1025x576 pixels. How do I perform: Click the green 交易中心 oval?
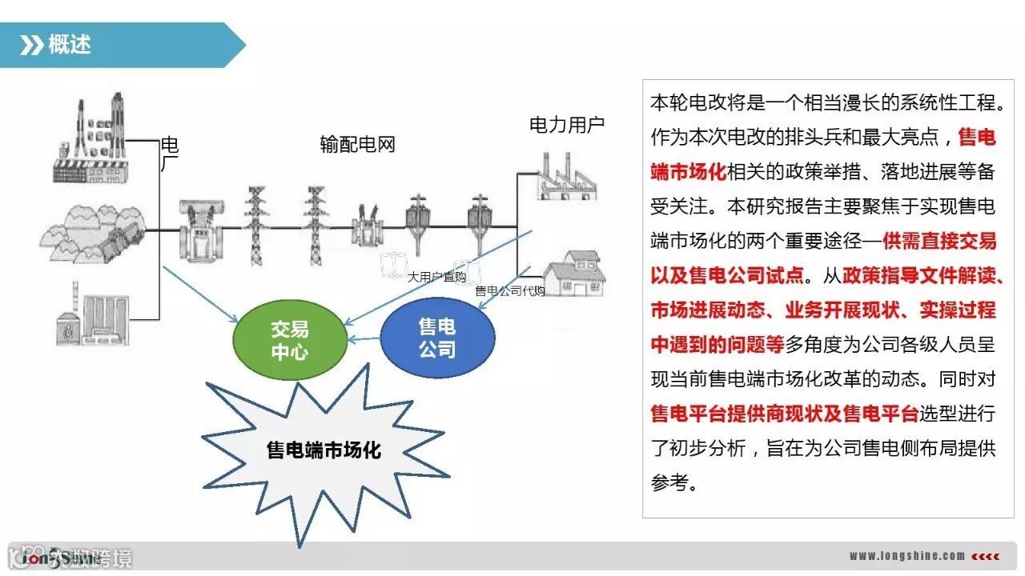click(289, 341)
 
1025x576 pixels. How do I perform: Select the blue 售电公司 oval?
click(437, 338)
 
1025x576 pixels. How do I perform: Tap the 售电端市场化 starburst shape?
click(324, 450)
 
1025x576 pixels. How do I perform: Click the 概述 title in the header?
click(70, 44)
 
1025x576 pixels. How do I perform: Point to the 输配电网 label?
click(357, 145)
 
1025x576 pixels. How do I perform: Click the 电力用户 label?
click(567, 125)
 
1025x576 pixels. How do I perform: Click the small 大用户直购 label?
click(436, 277)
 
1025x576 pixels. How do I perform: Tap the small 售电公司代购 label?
click(510, 291)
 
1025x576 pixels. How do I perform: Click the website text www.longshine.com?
click(906, 556)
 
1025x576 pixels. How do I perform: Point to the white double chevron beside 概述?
click(31, 45)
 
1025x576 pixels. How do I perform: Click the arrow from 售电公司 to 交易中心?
click(363, 339)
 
